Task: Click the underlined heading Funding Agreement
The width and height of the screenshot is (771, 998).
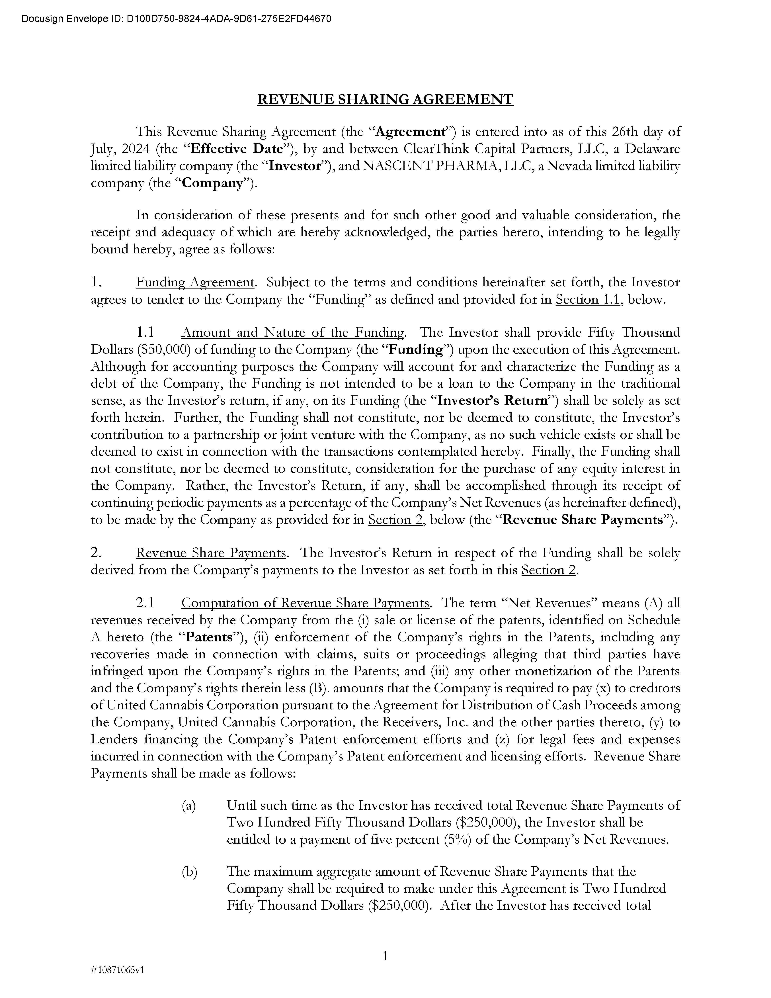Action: (x=195, y=282)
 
